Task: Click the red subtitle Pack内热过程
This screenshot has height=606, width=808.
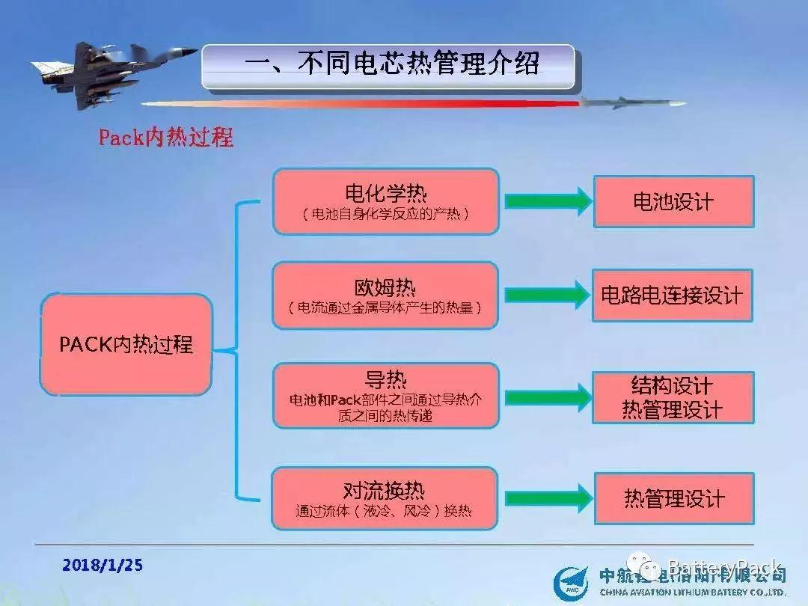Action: (165, 138)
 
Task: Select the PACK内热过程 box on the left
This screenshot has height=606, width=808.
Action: (126, 344)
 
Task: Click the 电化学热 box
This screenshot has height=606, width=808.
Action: (385, 201)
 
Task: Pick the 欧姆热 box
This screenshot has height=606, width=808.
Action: (385, 296)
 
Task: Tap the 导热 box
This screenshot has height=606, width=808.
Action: (385, 396)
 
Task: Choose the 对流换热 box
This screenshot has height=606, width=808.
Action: (385, 498)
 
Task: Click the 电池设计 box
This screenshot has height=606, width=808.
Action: (673, 201)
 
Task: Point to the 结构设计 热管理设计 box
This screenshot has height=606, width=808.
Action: (673, 397)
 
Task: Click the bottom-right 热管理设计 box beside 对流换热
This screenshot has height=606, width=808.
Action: (673, 498)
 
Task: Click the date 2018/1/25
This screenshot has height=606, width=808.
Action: (102, 565)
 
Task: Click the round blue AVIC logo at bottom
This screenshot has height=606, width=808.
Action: (573, 583)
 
